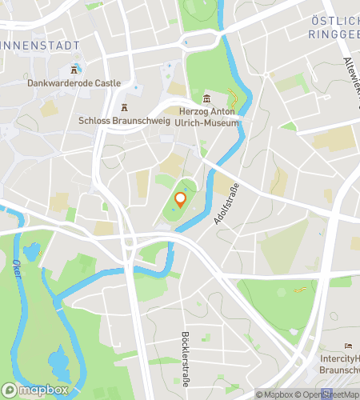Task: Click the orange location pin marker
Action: [x=181, y=199]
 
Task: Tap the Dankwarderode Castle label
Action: [x=73, y=82]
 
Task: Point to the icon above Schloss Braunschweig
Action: [x=124, y=107]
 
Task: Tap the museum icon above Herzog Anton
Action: [x=206, y=98]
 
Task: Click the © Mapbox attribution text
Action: [x=274, y=394]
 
